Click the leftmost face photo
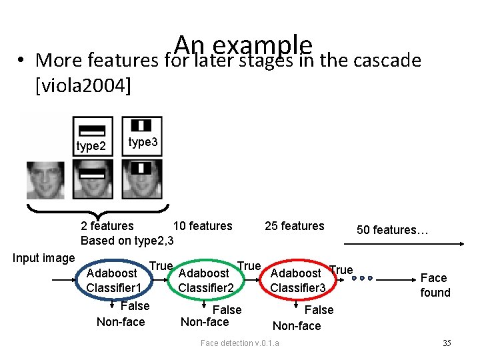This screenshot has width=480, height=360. point(46,180)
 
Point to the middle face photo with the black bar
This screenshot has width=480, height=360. point(93,180)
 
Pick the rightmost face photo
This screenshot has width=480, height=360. point(142,180)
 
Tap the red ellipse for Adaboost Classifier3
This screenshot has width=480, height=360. point(298,279)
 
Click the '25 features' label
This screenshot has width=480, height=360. point(294,226)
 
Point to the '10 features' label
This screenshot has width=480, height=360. point(203,226)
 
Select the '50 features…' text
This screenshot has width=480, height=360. point(392,230)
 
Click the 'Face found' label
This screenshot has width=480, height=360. point(435,285)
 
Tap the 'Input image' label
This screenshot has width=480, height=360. point(44,258)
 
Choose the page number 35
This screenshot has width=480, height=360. point(447,343)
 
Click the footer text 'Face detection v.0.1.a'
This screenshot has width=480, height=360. point(240,343)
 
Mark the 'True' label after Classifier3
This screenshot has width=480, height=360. point(341,270)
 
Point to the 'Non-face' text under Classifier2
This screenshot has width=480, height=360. point(205,322)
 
